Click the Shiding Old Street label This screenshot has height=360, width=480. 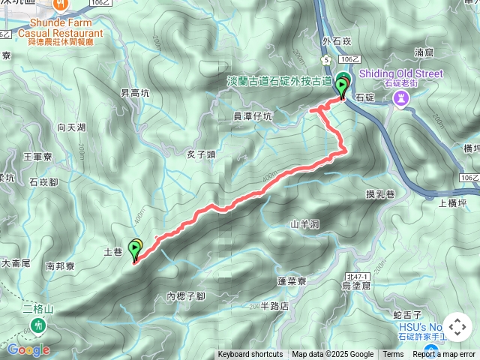pos(400,73)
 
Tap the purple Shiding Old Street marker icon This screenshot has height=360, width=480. pos(403,98)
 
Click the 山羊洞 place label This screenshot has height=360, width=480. pos(304,223)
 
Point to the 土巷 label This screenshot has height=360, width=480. pos(112,253)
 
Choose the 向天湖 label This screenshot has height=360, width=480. pos(71,127)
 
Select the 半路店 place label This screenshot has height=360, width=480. pos(274,306)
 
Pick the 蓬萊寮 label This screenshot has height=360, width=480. pos(292,281)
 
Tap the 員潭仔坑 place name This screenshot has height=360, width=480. pos(252,116)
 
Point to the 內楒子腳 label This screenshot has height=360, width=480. pos(186,296)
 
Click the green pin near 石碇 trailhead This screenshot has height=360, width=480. pos(343,85)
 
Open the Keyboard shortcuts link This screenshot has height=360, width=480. pos(250,355)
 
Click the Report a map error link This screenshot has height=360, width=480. pos(444,355)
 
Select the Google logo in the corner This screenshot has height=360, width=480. pos(28,349)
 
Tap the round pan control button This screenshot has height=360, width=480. pos(457,328)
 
